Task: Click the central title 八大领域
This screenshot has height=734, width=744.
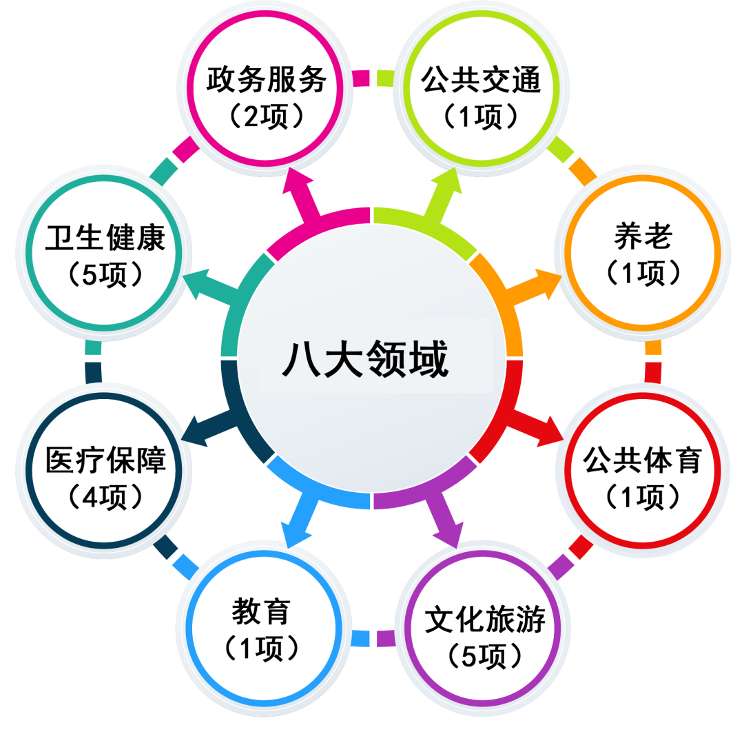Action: (365, 359)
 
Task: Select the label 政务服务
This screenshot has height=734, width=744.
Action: (267, 79)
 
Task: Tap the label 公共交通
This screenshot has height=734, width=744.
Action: (481, 79)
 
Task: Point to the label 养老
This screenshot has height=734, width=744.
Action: (643, 236)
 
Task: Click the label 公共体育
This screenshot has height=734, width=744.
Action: (642, 460)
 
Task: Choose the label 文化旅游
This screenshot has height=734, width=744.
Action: (484, 619)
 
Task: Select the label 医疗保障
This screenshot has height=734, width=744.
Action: (105, 460)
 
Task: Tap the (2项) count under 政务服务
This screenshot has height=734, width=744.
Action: (267, 116)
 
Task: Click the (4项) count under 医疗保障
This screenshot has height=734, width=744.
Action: (105, 497)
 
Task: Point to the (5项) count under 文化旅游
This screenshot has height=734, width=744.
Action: (484, 655)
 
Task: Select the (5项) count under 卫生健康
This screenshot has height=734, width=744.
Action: (105, 274)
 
